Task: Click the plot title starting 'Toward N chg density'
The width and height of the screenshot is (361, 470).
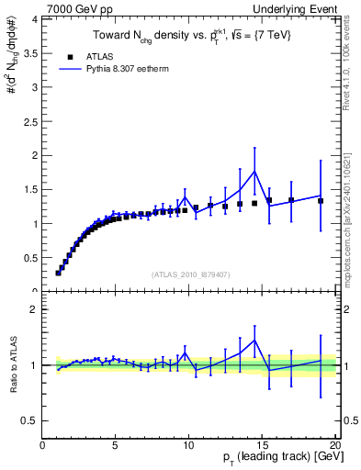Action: click(188, 35)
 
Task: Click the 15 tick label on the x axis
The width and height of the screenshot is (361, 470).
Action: click(262, 444)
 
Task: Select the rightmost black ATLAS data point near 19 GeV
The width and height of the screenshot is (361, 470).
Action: click(321, 200)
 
